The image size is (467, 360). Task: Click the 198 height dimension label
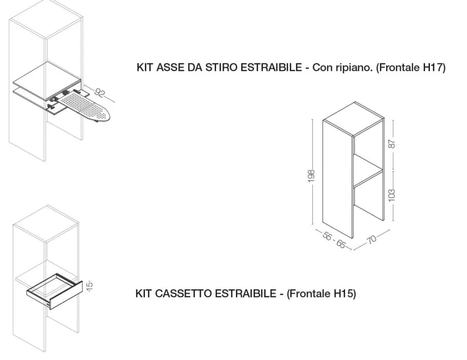(x=311, y=176)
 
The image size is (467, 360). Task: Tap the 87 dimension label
(x=392, y=144)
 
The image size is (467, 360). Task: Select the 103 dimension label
(x=392, y=195)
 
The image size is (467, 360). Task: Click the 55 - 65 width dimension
(x=334, y=240)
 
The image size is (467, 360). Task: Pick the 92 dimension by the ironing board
(x=100, y=92)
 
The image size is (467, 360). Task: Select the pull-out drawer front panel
(x=66, y=296)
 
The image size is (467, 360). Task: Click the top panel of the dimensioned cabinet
(x=353, y=118)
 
